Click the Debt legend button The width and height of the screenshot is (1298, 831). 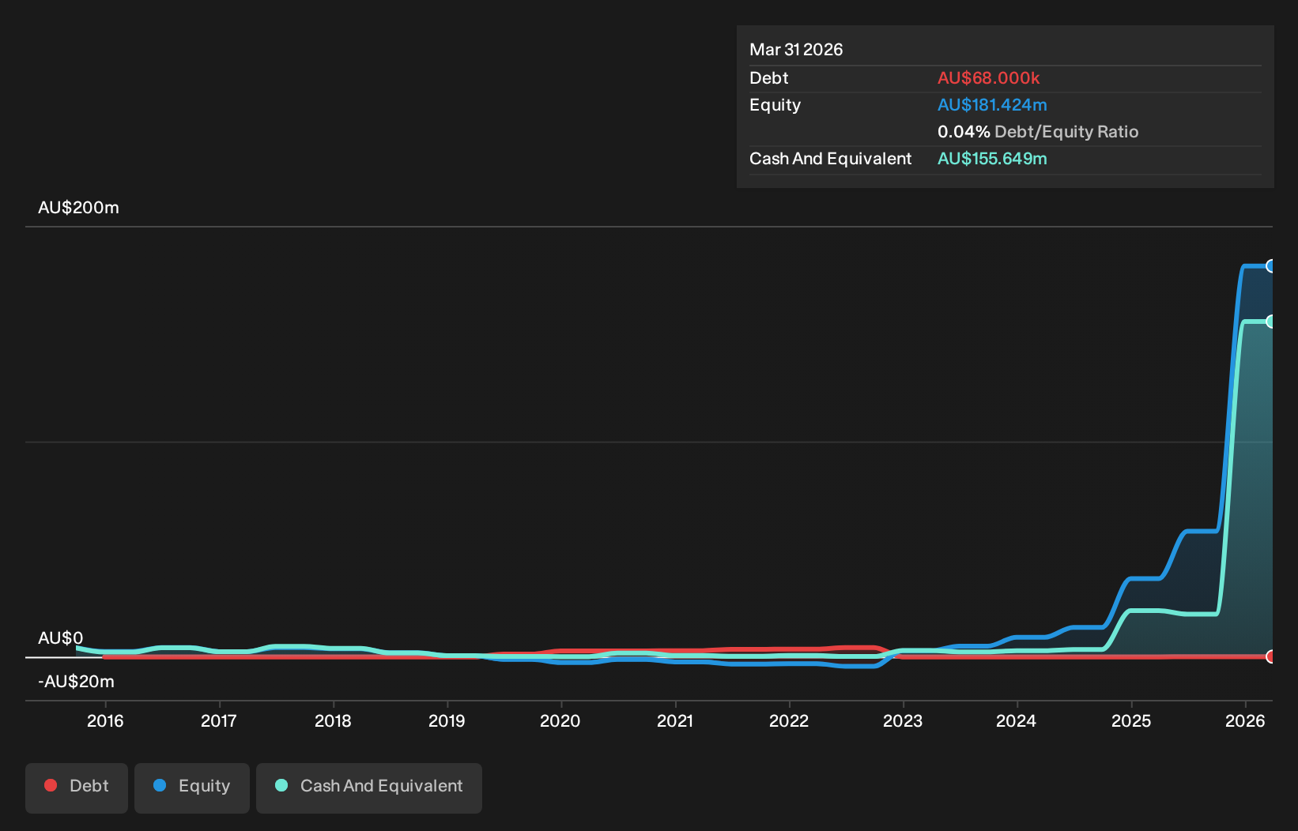(x=77, y=788)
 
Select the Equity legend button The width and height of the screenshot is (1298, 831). (x=192, y=788)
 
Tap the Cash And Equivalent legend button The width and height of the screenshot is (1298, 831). (x=369, y=788)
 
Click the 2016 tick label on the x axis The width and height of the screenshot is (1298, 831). (x=105, y=721)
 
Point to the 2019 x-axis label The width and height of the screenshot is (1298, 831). (x=447, y=721)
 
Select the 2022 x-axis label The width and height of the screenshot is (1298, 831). (x=789, y=721)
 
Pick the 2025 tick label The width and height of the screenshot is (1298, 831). (x=1131, y=721)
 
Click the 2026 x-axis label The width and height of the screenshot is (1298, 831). (x=1245, y=721)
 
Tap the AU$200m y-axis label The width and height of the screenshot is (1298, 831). (x=78, y=207)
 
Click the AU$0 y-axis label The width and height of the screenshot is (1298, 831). (x=60, y=637)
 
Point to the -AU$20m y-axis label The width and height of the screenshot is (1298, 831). (x=76, y=682)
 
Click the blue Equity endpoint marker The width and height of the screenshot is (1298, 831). (x=1270, y=266)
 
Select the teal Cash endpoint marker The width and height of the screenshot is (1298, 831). (x=1270, y=321)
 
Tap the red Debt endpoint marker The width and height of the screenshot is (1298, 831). (x=1270, y=656)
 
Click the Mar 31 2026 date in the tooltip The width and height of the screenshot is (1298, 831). (x=796, y=50)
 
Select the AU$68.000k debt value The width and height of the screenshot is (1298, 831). (x=989, y=78)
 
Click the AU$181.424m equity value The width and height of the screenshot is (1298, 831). (x=992, y=105)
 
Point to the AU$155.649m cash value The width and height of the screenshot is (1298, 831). (x=992, y=159)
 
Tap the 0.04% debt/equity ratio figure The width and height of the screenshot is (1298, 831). (x=964, y=132)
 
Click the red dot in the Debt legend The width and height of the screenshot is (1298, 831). (x=51, y=785)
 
